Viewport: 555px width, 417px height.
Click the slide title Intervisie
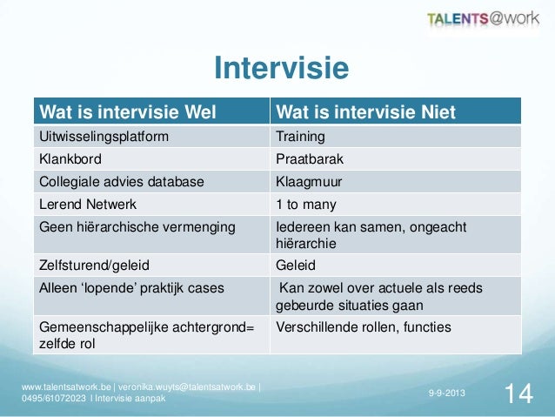(281, 69)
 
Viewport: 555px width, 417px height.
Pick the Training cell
(300, 137)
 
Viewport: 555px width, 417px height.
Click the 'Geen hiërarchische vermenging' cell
(137, 227)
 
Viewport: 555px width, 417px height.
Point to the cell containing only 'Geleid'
(296, 265)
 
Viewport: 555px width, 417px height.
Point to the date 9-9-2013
(446, 394)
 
